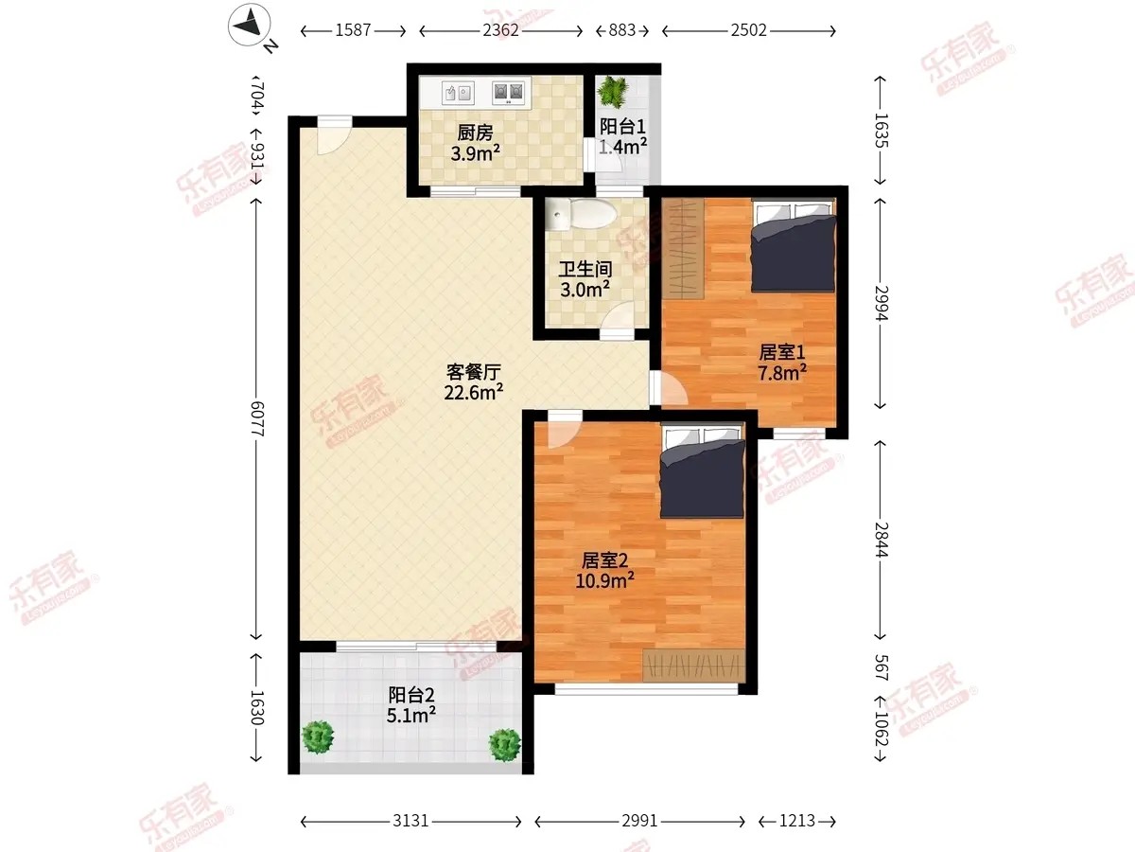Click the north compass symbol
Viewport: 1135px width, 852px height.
pyautogui.click(x=250, y=25)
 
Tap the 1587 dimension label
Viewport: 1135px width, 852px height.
pyautogui.click(x=353, y=30)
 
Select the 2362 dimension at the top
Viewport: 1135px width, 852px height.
pyautogui.click(x=500, y=30)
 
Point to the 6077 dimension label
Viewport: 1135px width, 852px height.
pyautogui.click(x=257, y=418)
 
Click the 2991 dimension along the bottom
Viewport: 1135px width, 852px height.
pyautogui.click(x=639, y=821)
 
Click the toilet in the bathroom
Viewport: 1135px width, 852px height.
pyautogui.click(x=581, y=215)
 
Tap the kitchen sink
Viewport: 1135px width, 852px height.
pyautogui.click(x=458, y=93)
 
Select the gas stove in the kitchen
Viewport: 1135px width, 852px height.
pyautogui.click(x=508, y=93)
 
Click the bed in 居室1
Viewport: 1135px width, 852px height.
pyautogui.click(x=794, y=246)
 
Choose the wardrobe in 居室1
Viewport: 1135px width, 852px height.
pyautogui.click(x=683, y=249)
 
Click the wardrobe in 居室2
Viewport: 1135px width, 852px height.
pyautogui.click(x=693, y=666)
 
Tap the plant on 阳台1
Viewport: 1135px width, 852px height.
pyautogui.click(x=613, y=90)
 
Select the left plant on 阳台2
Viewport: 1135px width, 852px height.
pyautogui.click(x=318, y=737)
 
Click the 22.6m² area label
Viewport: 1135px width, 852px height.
pyautogui.click(x=473, y=393)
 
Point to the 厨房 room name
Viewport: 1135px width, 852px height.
pyautogui.click(x=475, y=133)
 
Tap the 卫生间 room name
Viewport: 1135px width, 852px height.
pyautogui.click(x=585, y=269)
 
